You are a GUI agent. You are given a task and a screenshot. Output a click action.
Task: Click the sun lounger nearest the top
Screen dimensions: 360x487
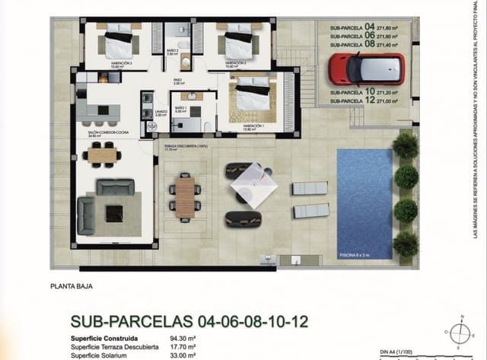click(x=310, y=188)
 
